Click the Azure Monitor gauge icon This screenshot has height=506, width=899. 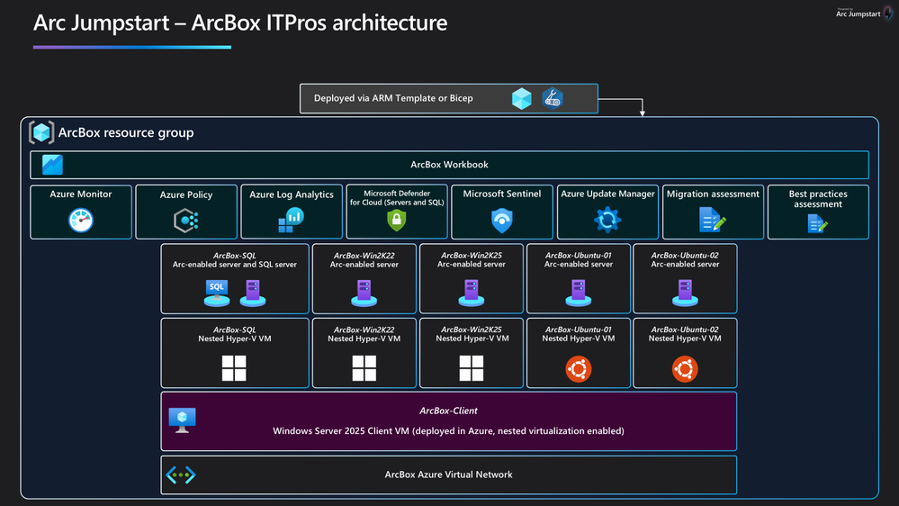pyautogui.click(x=81, y=220)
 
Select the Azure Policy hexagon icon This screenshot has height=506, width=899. pyautogui.click(x=186, y=221)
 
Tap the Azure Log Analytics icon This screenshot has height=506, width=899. pyautogui.click(x=292, y=220)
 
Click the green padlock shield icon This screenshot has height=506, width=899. pyautogui.click(x=397, y=220)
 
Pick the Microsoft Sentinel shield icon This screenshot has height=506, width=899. pyautogui.click(x=501, y=221)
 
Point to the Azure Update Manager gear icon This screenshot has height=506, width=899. pyautogui.click(x=607, y=220)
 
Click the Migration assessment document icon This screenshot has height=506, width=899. pyautogui.click(x=713, y=220)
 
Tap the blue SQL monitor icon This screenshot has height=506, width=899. pyautogui.click(x=217, y=294)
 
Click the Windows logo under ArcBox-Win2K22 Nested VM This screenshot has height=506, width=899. pyautogui.click(x=364, y=368)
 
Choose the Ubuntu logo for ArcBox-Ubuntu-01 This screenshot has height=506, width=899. pyautogui.click(x=578, y=369)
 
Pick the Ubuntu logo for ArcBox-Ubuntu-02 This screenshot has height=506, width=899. pyautogui.click(x=685, y=369)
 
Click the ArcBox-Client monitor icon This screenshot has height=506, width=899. pyautogui.click(x=183, y=420)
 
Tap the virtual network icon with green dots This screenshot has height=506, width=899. pyautogui.click(x=181, y=475)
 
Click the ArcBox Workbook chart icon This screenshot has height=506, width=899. pyautogui.click(x=52, y=165)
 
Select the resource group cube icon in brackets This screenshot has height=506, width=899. pyautogui.click(x=41, y=132)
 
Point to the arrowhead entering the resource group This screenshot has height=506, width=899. pyautogui.click(x=643, y=113)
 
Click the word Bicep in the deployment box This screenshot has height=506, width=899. pyautogui.click(x=461, y=98)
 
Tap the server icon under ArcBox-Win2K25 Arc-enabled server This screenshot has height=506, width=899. pyautogui.click(x=472, y=294)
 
